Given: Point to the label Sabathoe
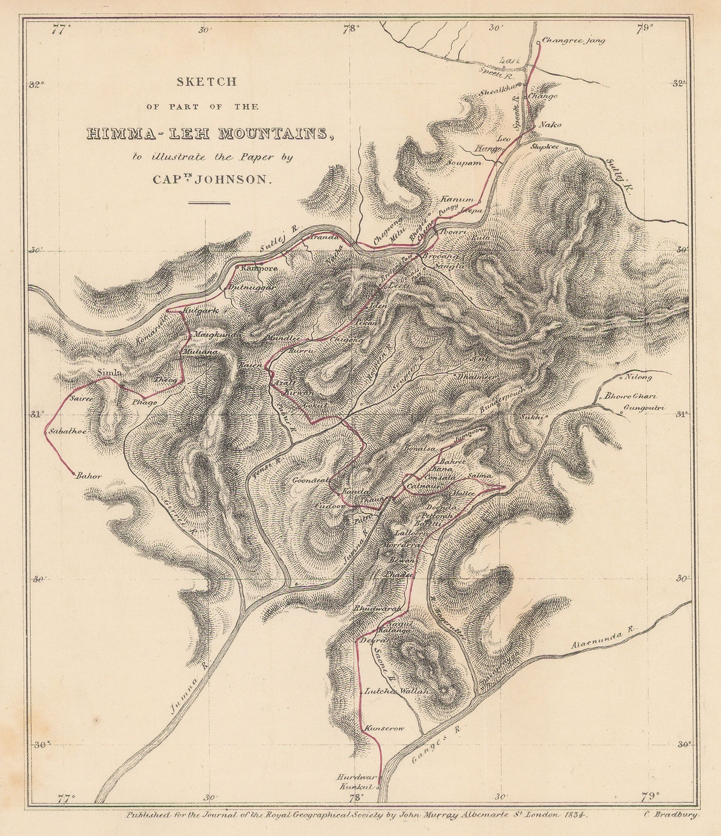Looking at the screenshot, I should coord(67,432).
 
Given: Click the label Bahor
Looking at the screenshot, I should coord(88,476).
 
